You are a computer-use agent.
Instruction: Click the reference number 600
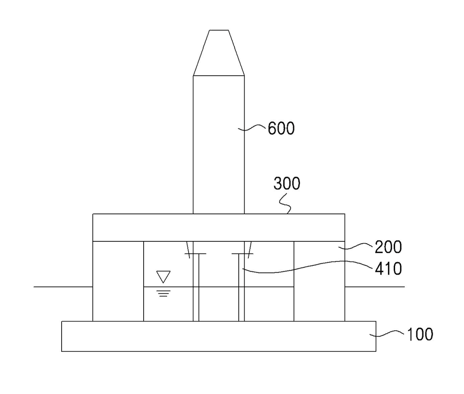point(281,128)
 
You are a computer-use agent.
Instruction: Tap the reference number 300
point(287,183)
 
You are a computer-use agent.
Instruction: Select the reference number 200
point(388,247)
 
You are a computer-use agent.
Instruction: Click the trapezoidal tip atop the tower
point(219,53)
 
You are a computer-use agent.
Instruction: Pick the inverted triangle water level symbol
point(163,277)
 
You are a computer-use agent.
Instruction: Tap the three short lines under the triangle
point(163,293)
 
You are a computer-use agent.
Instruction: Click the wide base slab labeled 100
point(219,336)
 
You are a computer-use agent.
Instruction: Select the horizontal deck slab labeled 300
point(219,227)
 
